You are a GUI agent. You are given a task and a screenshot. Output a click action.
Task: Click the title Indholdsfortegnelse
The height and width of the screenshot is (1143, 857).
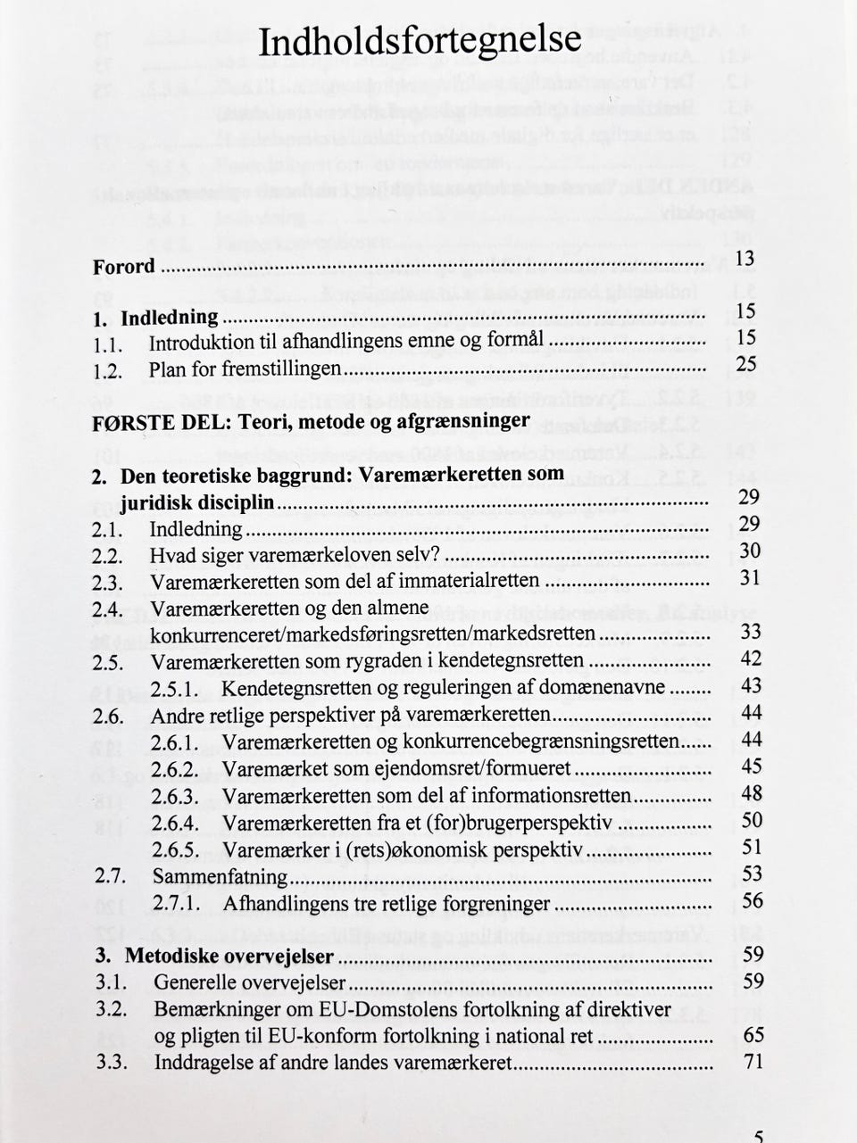[420, 41]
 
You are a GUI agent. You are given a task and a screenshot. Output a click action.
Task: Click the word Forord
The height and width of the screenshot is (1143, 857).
[124, 267]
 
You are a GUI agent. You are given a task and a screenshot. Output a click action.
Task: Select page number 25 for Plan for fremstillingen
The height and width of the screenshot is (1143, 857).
[745, 363]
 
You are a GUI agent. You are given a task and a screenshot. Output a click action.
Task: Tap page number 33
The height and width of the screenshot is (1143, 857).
[750, 632]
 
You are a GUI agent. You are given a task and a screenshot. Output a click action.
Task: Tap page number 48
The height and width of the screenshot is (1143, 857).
[752, 792]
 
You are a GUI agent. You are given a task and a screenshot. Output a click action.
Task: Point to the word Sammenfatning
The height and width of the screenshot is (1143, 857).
[220, 876]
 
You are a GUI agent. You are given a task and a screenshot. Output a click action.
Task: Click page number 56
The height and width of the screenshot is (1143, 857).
[753, 900]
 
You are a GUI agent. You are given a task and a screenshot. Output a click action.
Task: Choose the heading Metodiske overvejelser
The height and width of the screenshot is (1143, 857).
[229, 957]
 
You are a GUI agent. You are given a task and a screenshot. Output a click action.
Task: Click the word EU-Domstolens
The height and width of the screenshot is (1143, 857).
[405, 1009]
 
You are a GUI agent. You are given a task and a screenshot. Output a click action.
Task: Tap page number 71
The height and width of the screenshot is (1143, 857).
[753, 1062]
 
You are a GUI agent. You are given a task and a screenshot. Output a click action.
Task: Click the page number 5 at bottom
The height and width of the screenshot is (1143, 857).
[758, 1137]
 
